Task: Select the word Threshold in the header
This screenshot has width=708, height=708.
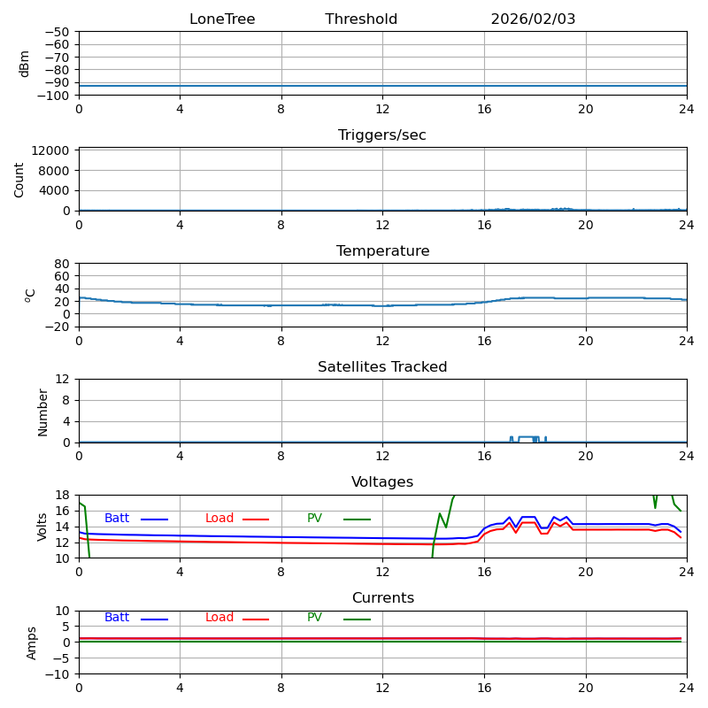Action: [x=361, y=19]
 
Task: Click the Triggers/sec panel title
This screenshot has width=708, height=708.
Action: [x=382, y=135]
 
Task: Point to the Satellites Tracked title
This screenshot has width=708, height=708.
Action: [x=382, y=367]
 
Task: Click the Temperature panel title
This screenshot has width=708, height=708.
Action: [x=382, y=251]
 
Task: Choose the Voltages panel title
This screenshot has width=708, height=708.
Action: [x=382, y=482]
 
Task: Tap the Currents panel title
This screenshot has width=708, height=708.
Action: [x=382, y=598]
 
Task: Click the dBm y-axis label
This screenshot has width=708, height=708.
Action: [x=25, y=64]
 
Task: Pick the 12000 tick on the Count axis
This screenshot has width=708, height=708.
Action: [x=52, y=150]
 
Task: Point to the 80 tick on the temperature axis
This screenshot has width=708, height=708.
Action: [x=63, y=264]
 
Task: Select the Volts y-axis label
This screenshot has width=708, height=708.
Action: [x=42, y=527]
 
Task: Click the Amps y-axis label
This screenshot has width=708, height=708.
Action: [x=32, y=643]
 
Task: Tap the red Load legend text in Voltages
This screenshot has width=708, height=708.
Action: [x=219, y=519]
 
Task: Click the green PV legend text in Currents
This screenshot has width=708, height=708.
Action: [x=315, y=618]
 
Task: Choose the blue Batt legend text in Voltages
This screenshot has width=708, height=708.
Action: [x=117, y=519]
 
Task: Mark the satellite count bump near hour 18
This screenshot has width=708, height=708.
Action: [x=528, y=437]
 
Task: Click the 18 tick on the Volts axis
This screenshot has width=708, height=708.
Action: [x=63, y=495]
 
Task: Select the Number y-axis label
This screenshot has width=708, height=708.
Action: [x=42, y=412]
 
